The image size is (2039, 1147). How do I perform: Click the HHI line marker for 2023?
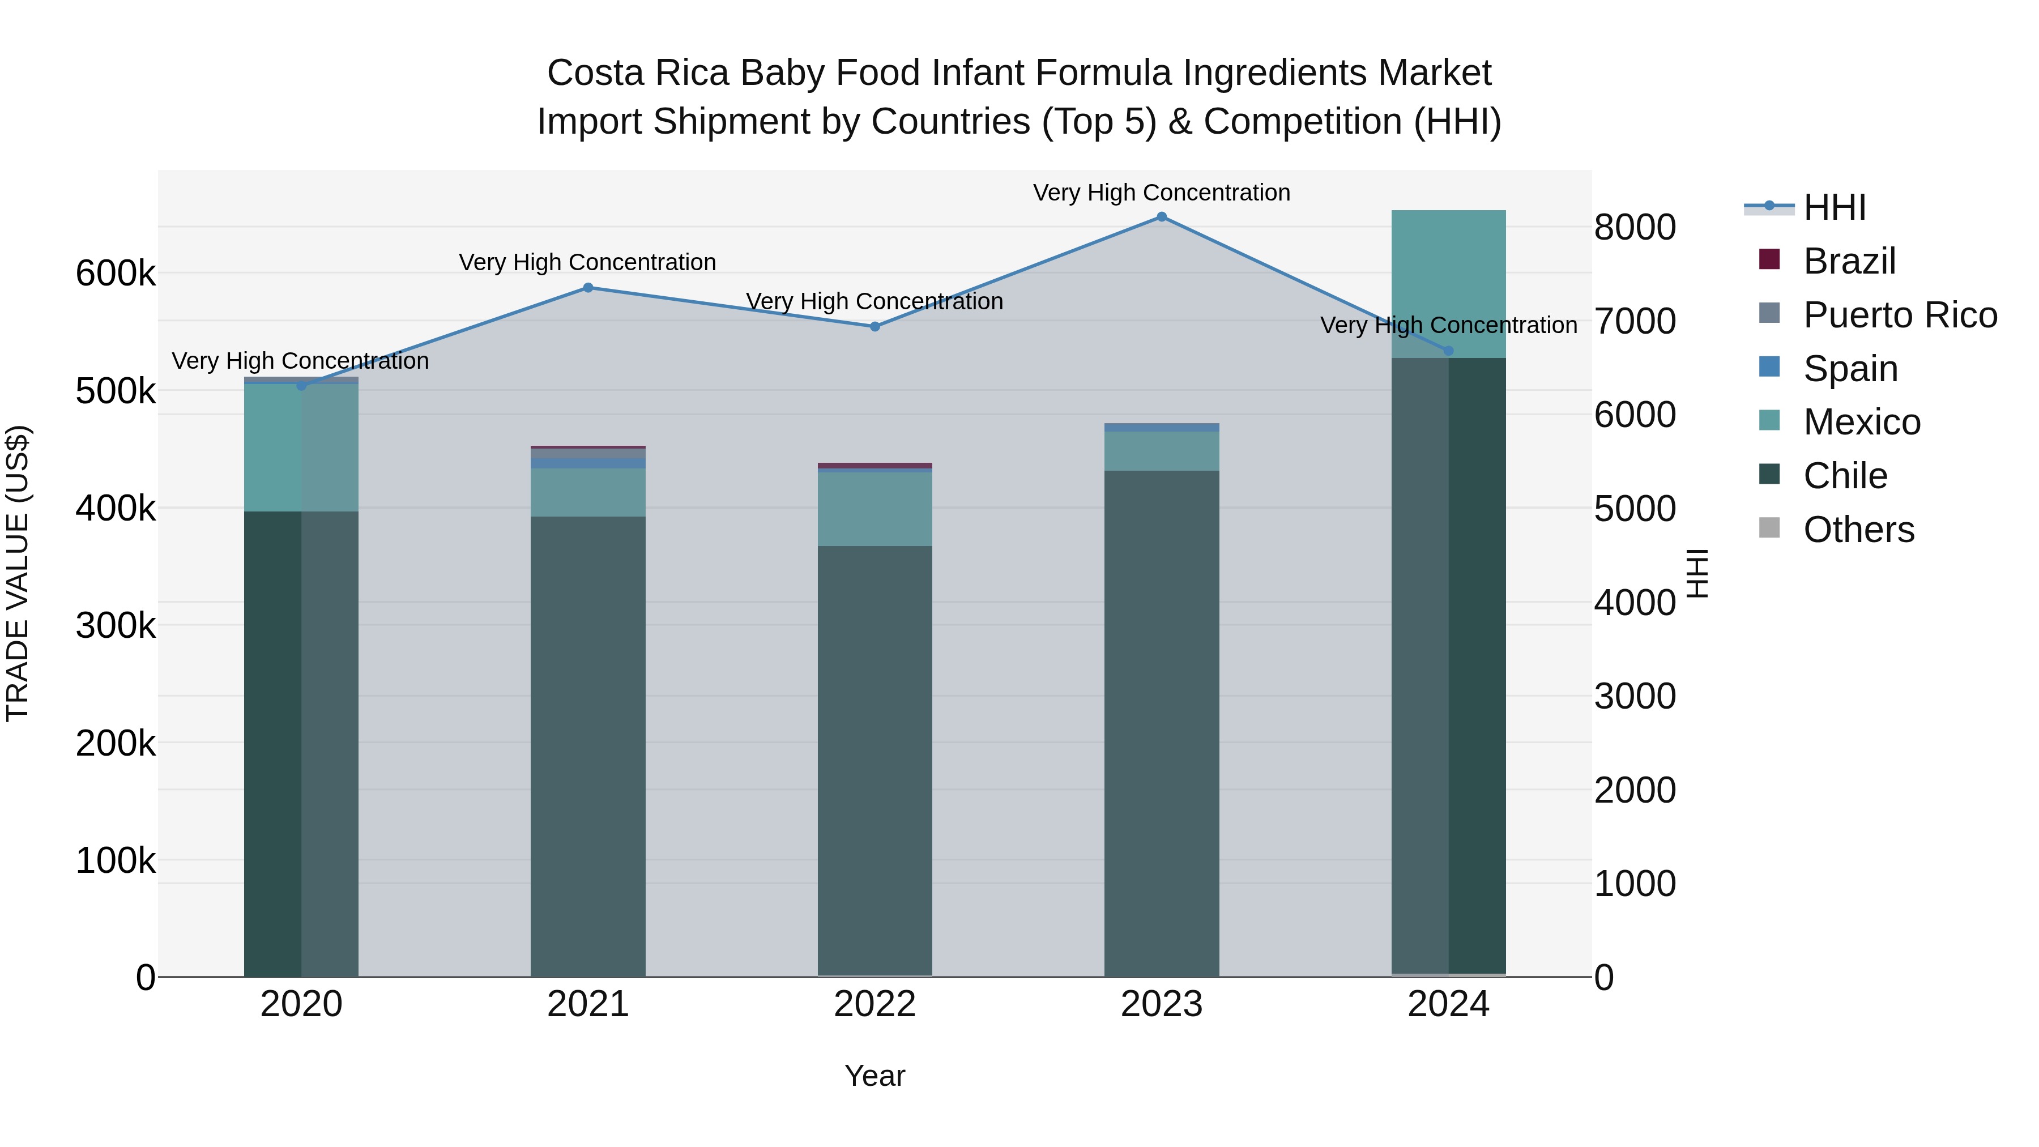[1161, 217]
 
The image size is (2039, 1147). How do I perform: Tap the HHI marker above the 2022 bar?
[875, 326]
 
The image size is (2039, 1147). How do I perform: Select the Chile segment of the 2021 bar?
[588, 744]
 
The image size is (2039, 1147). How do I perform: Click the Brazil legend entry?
[1849, 261]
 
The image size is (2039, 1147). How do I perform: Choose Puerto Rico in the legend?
[1900, 315]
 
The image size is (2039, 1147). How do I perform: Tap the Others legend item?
[1858, 530]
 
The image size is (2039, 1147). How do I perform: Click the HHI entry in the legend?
[1834, 207]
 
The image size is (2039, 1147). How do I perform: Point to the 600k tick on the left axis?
[116, 274]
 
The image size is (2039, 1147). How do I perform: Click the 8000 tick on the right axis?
[1635, 227]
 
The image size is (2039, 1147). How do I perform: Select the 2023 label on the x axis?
[1161, 1004]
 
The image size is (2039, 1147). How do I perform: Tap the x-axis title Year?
[875, 1076]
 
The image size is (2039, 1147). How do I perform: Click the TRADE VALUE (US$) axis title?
[18, 573]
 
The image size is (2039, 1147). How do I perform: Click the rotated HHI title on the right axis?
[1697, 573]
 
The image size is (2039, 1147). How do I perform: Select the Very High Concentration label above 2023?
[1161, 193]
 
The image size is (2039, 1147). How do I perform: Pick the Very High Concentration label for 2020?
[300, 361]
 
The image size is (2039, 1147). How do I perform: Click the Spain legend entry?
[1850, 369]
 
